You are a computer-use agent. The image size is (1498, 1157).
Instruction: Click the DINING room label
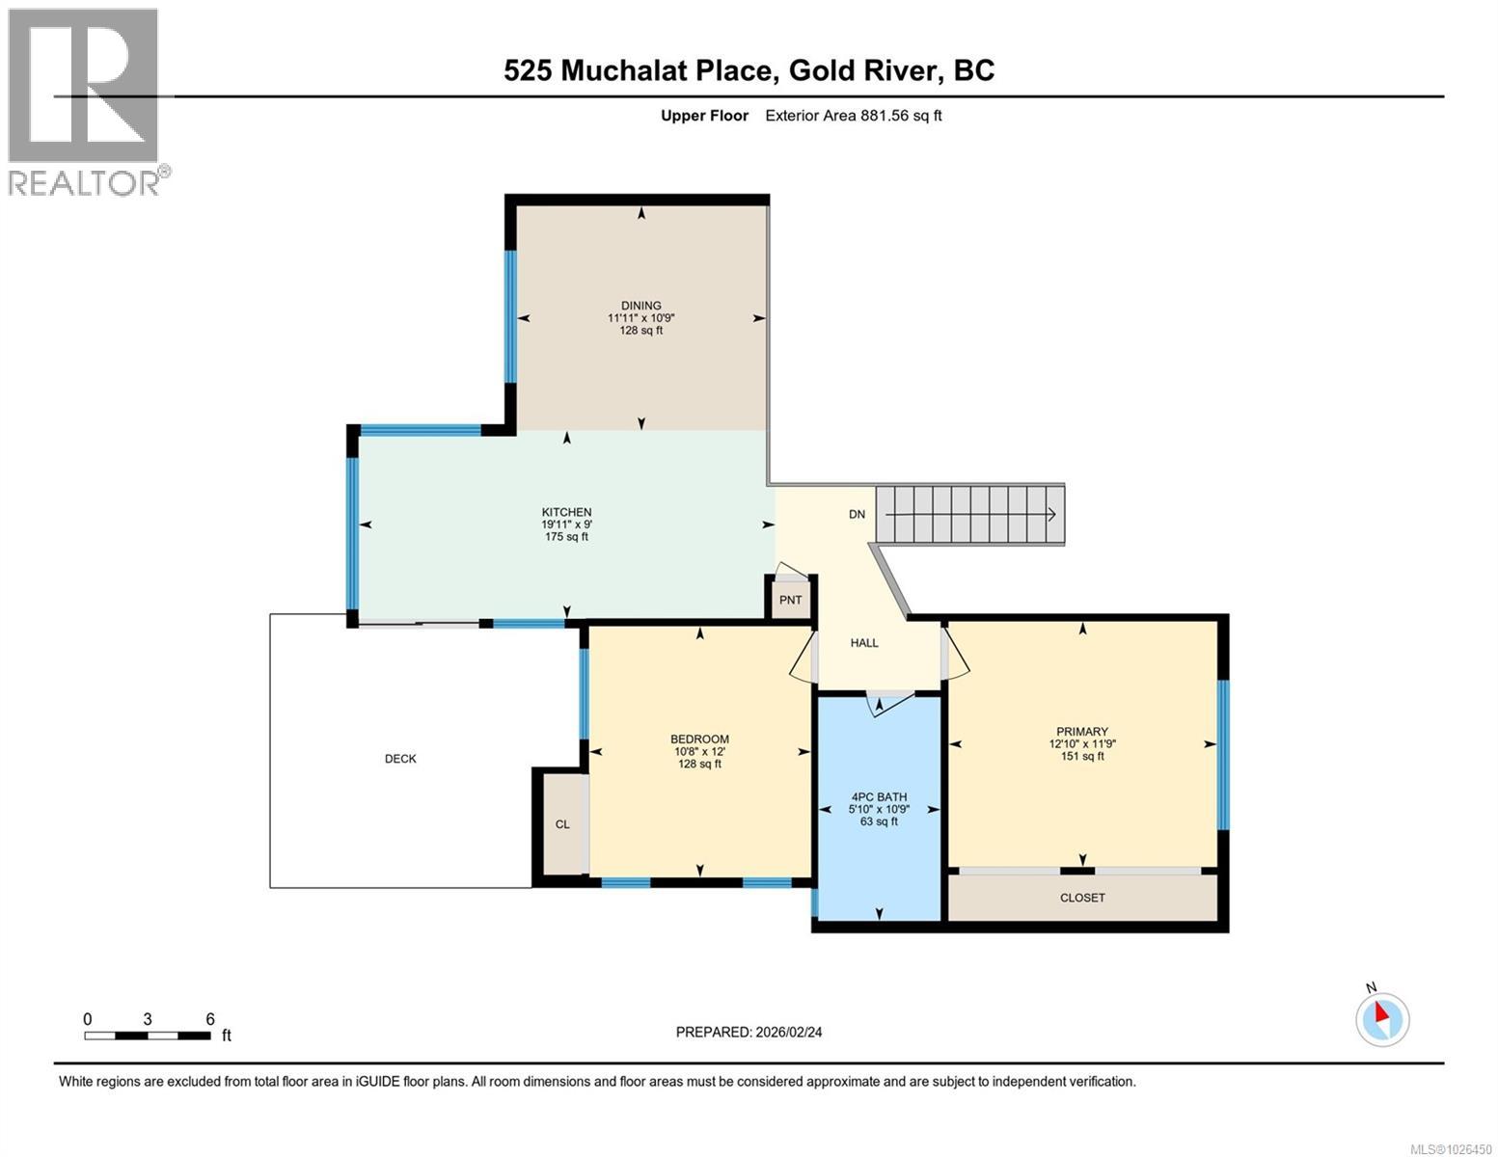[x=640, y=306]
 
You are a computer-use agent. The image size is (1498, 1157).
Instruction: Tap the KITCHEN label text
[x=566, y=512]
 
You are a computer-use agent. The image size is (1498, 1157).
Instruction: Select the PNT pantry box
[x=791, y=600]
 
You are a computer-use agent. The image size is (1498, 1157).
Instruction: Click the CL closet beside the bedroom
[x=562, y=824]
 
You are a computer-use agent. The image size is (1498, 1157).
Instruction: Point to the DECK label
[x=400, y=759]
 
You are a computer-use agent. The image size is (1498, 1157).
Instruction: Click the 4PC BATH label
[x=879, y=797]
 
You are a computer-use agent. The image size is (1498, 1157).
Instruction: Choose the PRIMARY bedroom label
[x=1081, y=732]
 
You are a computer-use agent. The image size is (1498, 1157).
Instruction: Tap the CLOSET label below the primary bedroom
[x=1082, y=898]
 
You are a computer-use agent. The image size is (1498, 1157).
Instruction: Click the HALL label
[x=864, y=643]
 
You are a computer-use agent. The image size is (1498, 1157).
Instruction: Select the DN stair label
[x=857, y=515]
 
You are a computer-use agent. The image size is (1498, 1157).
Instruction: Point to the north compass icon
[x=1382, y=1019]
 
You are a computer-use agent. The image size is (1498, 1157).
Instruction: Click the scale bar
[x=148, y=1036]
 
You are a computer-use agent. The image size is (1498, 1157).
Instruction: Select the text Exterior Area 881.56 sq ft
[x=853, y=116]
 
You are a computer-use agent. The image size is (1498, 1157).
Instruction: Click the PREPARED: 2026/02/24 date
[x=749, y=1032]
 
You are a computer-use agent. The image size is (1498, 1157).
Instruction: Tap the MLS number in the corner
[x=1452, y=1148]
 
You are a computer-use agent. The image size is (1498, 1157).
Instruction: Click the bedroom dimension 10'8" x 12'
[x=699, y=752]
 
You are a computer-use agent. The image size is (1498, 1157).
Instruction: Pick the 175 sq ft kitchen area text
[x=566, y=537]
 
